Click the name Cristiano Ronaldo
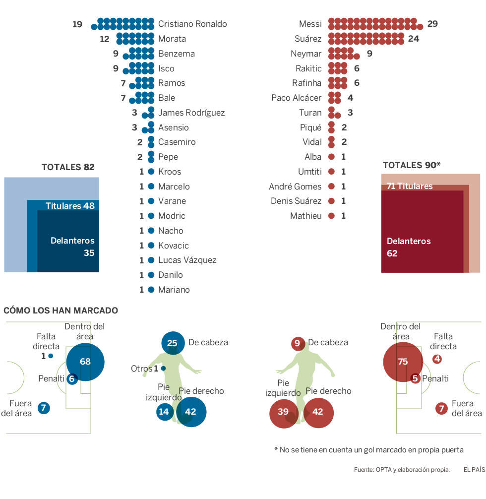192,24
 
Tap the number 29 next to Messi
432,24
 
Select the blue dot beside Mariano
151,290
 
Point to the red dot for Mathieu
332,216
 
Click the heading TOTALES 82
68,167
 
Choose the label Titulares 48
70,206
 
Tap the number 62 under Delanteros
392,253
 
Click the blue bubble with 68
85,362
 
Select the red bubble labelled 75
403,362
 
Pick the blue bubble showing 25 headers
172,343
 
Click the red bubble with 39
283,412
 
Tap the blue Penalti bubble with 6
72,379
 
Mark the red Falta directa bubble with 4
437,359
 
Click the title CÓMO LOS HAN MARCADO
61,311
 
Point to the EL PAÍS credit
474,469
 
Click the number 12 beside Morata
104,39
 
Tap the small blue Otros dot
163,369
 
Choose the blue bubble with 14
164,412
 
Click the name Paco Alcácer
297,98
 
